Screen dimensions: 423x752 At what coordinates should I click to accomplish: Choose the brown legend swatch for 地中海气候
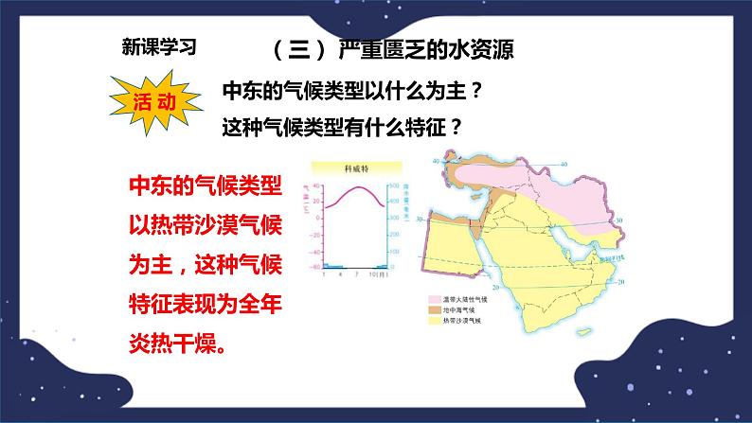[x=420, y=309]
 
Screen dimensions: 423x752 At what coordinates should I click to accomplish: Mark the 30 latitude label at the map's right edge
[x=617, y=220]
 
